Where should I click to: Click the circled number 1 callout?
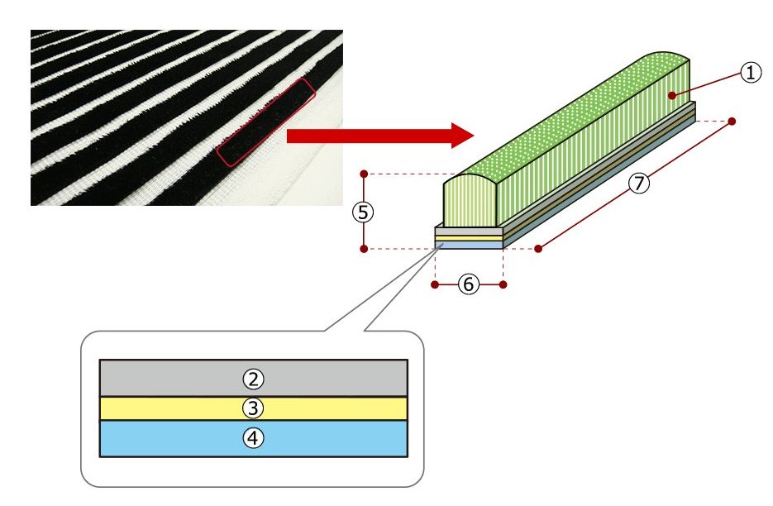click(x=751, y=73)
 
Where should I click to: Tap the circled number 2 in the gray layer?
click(x=253, y=379)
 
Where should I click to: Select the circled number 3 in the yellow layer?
click(x=253, y=408)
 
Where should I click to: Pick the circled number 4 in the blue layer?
click(x=253, y=438)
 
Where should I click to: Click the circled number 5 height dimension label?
click(x=363, y=212)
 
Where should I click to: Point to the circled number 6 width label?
click(x=468, y=284)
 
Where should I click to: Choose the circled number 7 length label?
click(x=639, y=183)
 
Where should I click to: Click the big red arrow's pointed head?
click(x=473, y=136)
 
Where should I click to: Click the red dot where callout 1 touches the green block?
click(x=671, y=95)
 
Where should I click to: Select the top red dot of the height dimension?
click(x=364, y=174)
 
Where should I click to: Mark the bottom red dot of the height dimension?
click(x=364, y=249)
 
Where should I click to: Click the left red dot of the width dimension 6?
click(x=435, y=284)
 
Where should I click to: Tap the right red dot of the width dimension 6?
click(x=503, y=284)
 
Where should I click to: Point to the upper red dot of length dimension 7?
click(x=732, y=122)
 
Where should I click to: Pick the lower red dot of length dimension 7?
click(x=538, y=249)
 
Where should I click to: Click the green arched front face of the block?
click(x=470, y=203)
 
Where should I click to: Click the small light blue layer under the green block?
click(x=469, y=245)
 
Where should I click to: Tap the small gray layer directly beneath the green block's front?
click(x=469, y=232)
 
